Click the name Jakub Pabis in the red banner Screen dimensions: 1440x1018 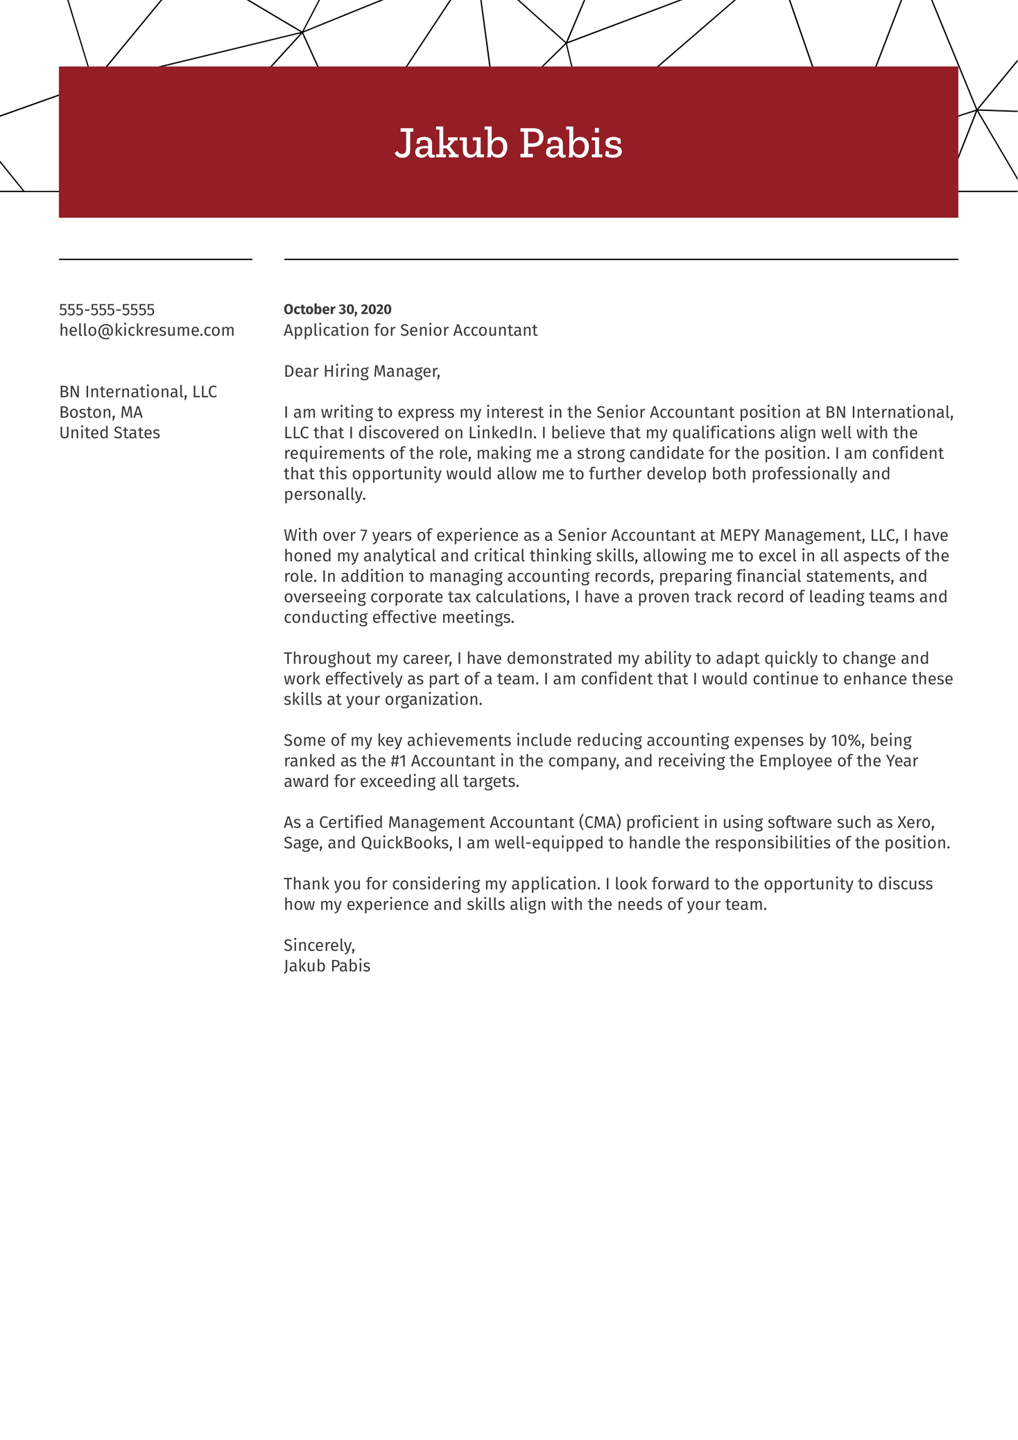pyautogui.click(x=508, y=144)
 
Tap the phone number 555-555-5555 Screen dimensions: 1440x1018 pyautogui.click(x=107, y=310)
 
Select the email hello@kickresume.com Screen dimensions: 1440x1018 pyautogui.click(x=147, y=330)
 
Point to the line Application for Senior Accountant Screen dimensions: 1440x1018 pyautogui.click(x=411, y=330)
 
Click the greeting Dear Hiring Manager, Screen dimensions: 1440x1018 pyautogui.click(x=362, y=371)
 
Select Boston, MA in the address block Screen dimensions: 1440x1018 pyautogui.click(x=101, y=413)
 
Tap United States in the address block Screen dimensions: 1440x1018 pyautogui.click(x=110, y=433)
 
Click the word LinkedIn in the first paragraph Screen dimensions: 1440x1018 pyautogui.click(x=501, y=433)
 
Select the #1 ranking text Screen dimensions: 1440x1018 pyautogui.click(x=399, y=761)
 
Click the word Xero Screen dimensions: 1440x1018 pyautogui.click(x=915, y=823)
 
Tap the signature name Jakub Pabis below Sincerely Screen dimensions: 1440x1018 pyautogui.click(x=327, y=966)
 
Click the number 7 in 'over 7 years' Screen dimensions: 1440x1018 pyautogui.click(x=364, y=535)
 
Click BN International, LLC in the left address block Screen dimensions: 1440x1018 pyautogui.click(x=138, y=392)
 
